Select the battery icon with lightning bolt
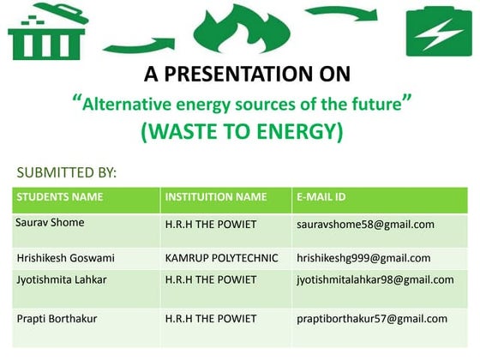pyautogui.click(x=440, y=32)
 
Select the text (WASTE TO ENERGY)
pyautogui.click(x=242, y=132)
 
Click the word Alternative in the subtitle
pyautogui.click(x=126, y=105)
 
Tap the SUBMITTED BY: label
pyautogui.click(x=67, y=173)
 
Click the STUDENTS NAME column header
pyautogui.click(x=60, y=197)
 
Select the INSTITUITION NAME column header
pyautogui.click(x=216, y=197)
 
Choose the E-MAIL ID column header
pyautogui.click(x=321, y=197)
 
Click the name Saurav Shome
pyautogui.click(x=51, y=223)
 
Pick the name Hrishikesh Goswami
pyautogui.click(x=66, y=257)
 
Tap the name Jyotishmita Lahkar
pyautogui.click(x=64, y=279)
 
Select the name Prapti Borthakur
pyautogui.click(x=59, y=319)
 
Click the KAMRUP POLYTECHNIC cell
pyautogui.click(x=221, y=257)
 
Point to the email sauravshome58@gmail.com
pyautogui.click(x=365, y=225)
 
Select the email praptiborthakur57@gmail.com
pyautogui.click(x=372, y=319)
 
